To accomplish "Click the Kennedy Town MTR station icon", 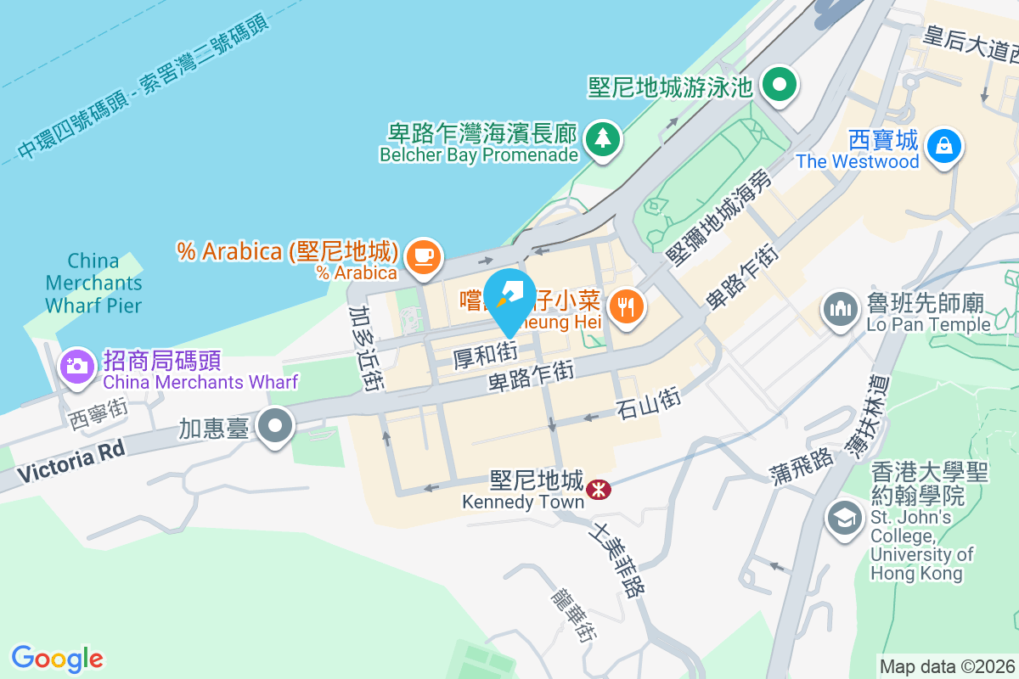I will click(599, 488).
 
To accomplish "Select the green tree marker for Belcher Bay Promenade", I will click(603, 137).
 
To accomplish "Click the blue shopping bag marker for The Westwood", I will click(943, 143).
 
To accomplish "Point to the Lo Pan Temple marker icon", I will click(841, 308).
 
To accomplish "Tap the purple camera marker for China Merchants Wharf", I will click(76, 366).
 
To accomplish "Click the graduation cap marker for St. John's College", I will click(844, 519).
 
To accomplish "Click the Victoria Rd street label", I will click(70, 462).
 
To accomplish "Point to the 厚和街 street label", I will click(484, 354).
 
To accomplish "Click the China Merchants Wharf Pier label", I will click(93, 283).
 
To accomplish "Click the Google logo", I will click(57, 658).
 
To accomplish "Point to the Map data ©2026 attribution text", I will click(947, 666).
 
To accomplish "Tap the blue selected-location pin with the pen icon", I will click(509, 296).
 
